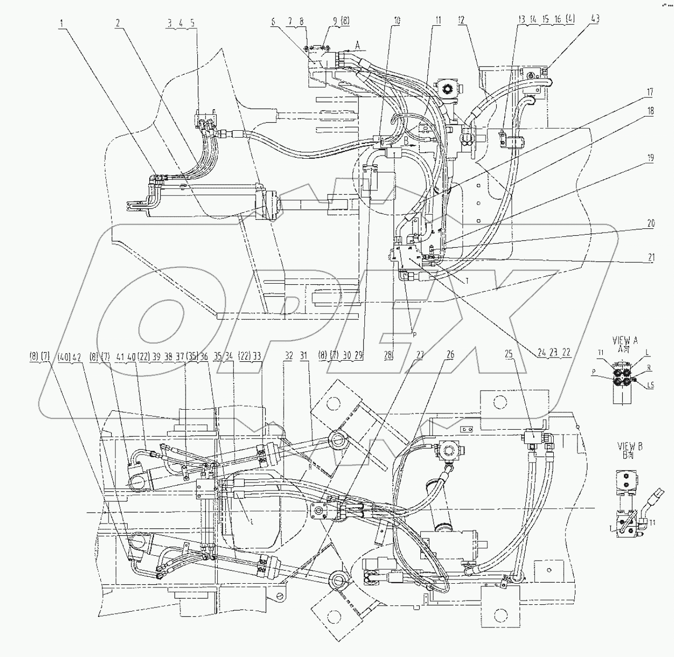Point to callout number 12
(x=461, y=21)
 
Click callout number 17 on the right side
(x=650, y=93)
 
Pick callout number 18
(x=650, y=111)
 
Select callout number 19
(x=650, y=158)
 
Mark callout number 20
(x=650, y=224)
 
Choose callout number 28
(x=388, y=355)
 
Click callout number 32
(x=288, y=355)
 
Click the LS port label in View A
(x=650, y=385)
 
